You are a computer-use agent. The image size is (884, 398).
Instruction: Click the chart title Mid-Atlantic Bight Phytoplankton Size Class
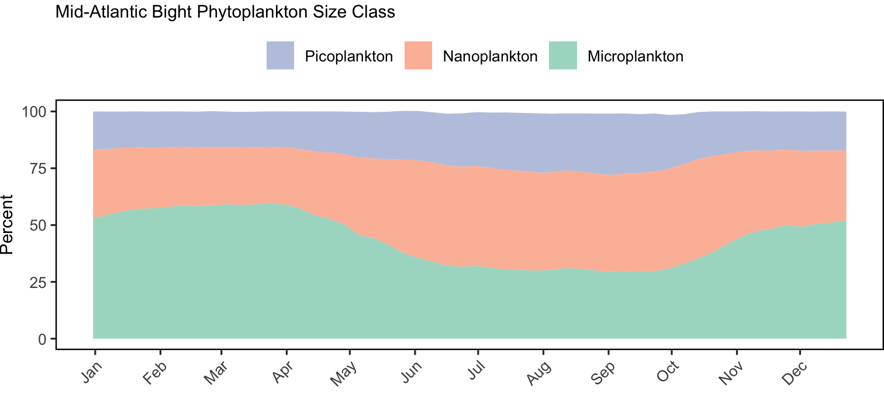[x=225, y=12]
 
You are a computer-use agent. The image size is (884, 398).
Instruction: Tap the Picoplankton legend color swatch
[x=280, y=56]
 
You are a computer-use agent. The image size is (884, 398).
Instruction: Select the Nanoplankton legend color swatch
[x=419, y=56]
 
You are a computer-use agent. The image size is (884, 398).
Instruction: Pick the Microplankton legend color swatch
[x=563, y=56]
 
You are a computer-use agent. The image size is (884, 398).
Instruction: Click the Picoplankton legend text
[x=349, y=57]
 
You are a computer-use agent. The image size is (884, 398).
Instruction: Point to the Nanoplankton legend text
[x=490, y=57]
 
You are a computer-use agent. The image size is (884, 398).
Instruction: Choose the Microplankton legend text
[x=636, y=57]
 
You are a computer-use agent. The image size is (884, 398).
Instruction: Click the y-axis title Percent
[x=6, y=225]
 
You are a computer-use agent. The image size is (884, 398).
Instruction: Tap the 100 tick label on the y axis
[x=34, y=112]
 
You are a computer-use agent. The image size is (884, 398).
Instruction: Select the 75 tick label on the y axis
[x=38, y=169]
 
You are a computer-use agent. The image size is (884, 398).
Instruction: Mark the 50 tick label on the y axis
[x=38, y=225]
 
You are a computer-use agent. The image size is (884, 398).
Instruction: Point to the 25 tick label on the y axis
[x=38, y=282]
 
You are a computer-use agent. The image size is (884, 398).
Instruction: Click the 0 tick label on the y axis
[x=42, y=339]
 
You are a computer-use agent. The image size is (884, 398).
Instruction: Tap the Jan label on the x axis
[x=92, y=372]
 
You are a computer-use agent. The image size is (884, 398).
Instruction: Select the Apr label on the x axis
[x=283, y=372]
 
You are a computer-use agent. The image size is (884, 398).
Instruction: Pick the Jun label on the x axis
[x=412, y=372]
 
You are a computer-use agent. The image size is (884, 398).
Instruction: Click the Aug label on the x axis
[x=539, y=373]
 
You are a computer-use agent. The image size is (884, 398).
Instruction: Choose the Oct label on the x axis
[x=668, y=372]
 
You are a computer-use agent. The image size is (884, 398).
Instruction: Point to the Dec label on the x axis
[x=795, y=373]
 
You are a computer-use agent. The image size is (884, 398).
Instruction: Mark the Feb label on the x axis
[x=155, y=373]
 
